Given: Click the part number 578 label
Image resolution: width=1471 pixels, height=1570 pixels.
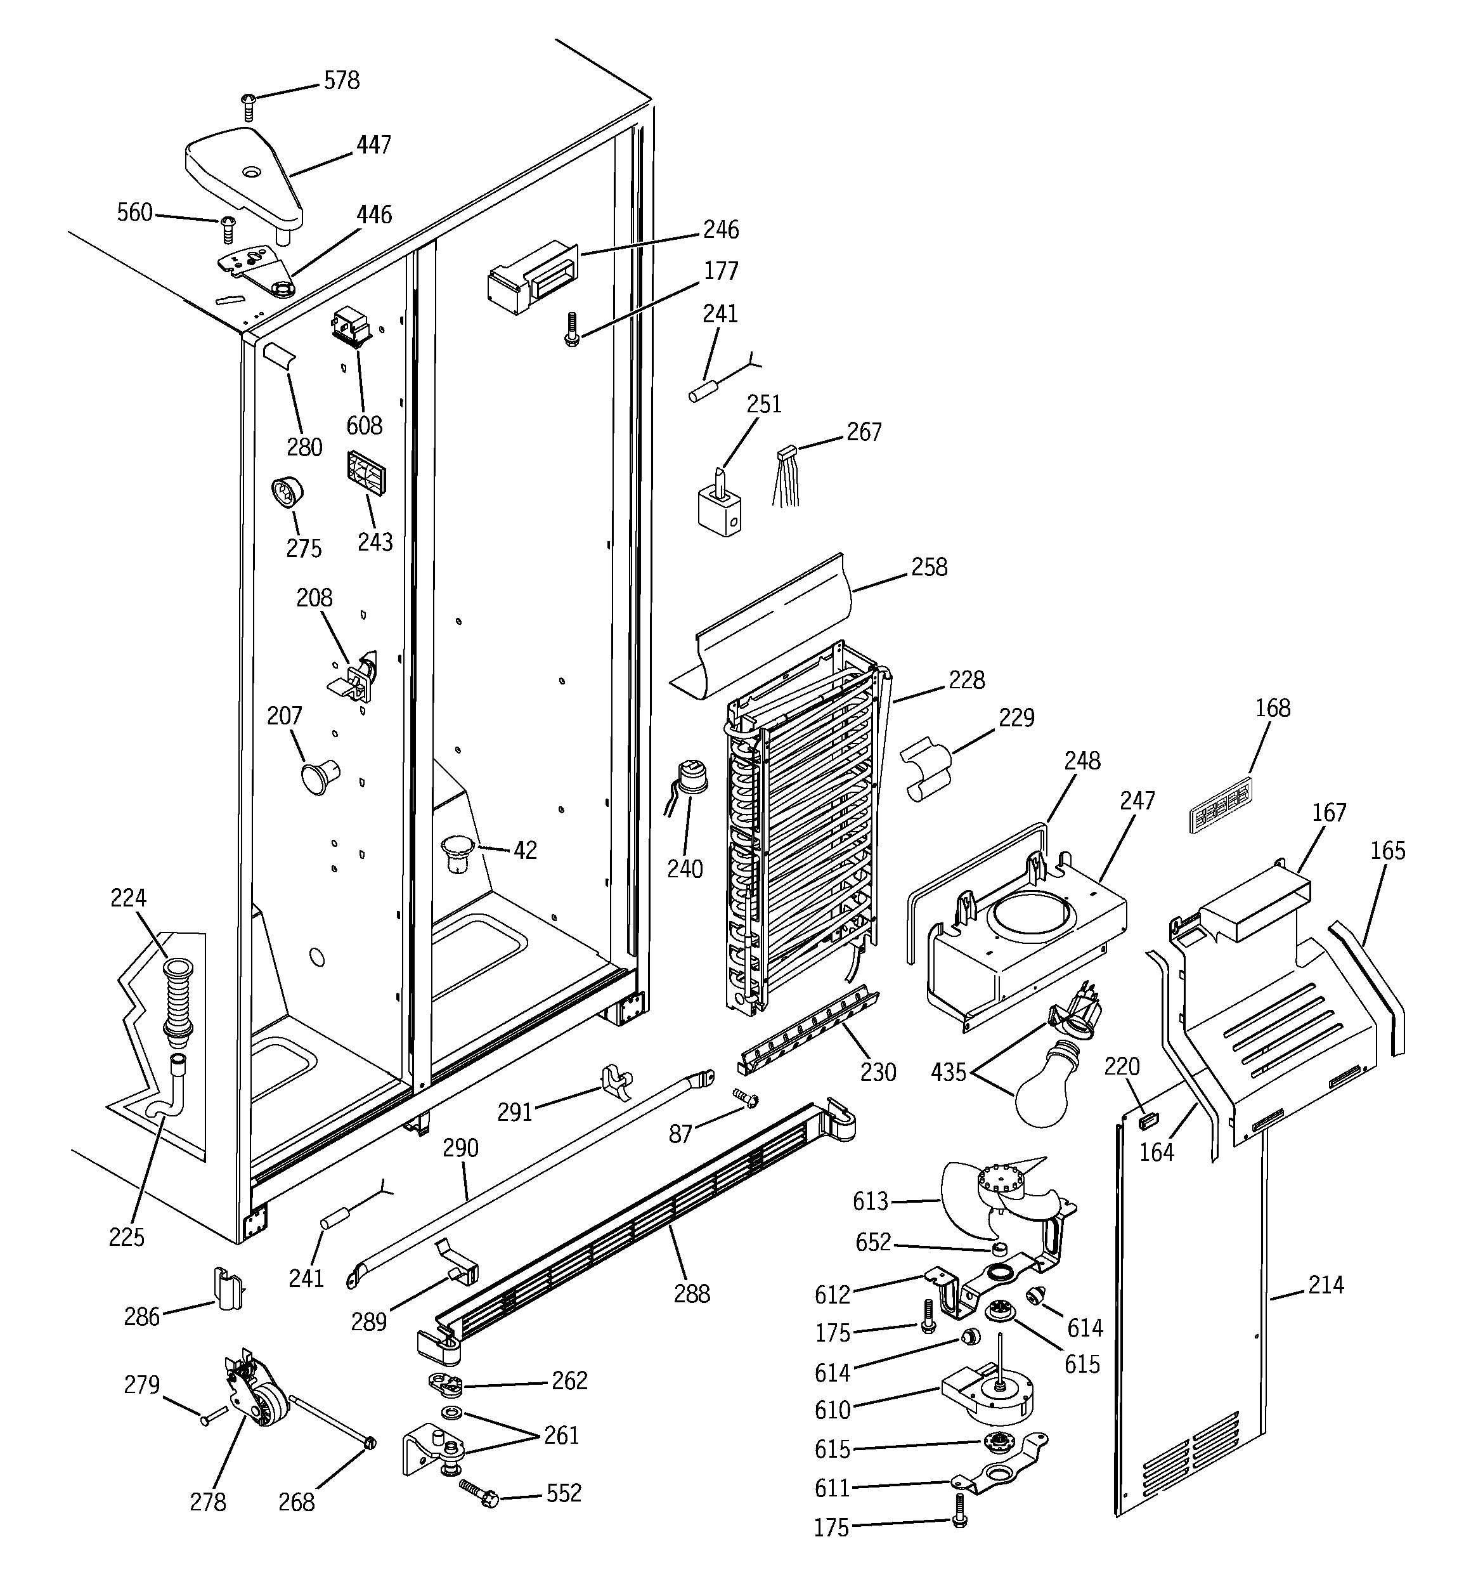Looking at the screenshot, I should [x=341, y=81].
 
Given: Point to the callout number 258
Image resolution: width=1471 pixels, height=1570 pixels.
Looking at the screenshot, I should [x=928, y=568].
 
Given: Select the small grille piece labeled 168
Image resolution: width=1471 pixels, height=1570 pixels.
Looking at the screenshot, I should [x=1220, y=806].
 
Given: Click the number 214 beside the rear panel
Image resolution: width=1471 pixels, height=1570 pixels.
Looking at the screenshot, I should [x=1326, y=1286].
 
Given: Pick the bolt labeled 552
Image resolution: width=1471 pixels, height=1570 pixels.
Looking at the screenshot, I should [x=477, y=1493].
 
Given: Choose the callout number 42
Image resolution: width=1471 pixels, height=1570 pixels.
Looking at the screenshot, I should [x=525, y=851].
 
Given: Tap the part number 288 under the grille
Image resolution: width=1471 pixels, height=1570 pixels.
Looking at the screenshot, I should [x=692, y=1293].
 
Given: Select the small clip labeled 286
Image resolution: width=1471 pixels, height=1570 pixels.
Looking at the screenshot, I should [x=226, y=1290].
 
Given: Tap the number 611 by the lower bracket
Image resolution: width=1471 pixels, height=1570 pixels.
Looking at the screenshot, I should [x=833, y=1488].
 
